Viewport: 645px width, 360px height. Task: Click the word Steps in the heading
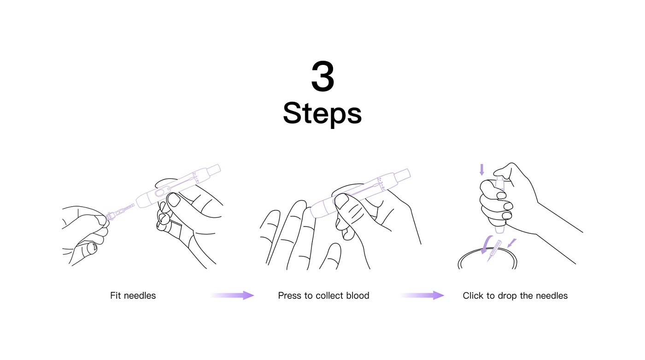(x=322, y=113)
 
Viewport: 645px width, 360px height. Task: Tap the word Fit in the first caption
(x=115, y=296)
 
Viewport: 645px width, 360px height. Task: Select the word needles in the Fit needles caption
(x=140, y=296)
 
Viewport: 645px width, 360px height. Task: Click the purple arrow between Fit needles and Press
(x=232, y=295)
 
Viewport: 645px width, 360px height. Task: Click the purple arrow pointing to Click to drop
(x=422, y=295)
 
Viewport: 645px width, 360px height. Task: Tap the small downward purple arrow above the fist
(x=482, y=170)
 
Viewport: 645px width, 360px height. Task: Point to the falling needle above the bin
(x=494, y=250)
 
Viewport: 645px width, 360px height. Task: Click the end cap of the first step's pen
(x=213, y=170)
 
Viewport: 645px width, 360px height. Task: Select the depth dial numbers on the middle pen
(x=381, y=184)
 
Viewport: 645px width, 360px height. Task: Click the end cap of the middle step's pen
(x=402, y=175)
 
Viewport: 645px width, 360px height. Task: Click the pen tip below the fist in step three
(x=499, y=229)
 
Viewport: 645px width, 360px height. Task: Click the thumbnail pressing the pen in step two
(x=341, y=201)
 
